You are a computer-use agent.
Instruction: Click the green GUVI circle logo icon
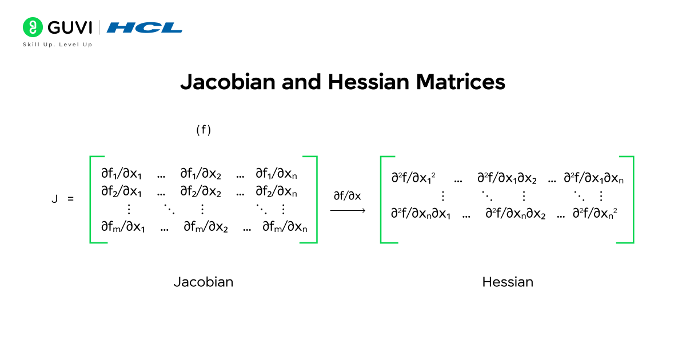[x=33, y=27]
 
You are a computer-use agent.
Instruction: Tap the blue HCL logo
[x=145, y=27]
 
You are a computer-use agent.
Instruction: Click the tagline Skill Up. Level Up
[x=57, y=45]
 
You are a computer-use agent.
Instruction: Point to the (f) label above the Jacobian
[x=204, y=130]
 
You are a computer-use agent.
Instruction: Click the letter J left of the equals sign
[x=54, y=199]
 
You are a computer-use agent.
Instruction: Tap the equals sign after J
[x=71, y=199]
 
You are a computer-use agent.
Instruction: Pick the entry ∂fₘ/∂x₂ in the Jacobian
[x=206, y=228]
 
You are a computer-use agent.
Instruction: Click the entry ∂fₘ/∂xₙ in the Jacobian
[x=285, y=228]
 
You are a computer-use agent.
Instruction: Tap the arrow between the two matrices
[x=348, y=211]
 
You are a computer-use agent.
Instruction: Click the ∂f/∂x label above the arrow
[x=348, y=195]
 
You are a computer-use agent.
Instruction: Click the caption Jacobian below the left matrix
[x=204, y=282]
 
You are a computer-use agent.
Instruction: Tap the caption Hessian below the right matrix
[x=508, y=282]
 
